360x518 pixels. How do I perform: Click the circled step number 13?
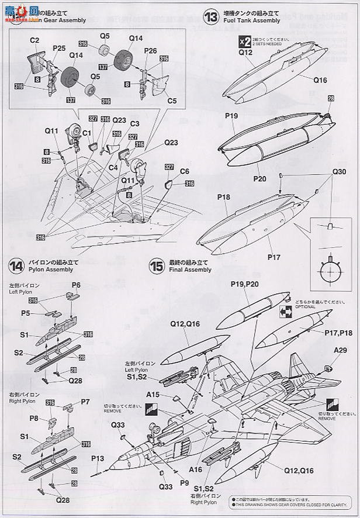212,15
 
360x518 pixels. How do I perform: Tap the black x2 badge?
244,40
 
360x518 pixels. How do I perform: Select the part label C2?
34,40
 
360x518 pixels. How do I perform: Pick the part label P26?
150,51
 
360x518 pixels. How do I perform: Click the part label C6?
185,171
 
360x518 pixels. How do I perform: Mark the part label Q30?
340,171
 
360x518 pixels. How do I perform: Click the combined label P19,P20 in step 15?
243,284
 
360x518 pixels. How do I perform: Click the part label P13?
98,458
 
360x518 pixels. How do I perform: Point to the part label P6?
75,285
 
